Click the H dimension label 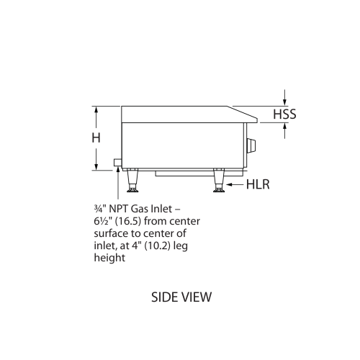click(x=96, y=137)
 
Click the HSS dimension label click(x=284, y=114)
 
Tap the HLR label click(x=258, y=185)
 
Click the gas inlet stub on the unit click(x=117, y=165)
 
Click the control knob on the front click(x=251, y=145)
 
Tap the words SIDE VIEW click(x=181, y=296)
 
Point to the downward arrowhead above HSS click(x=286, y=102)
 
